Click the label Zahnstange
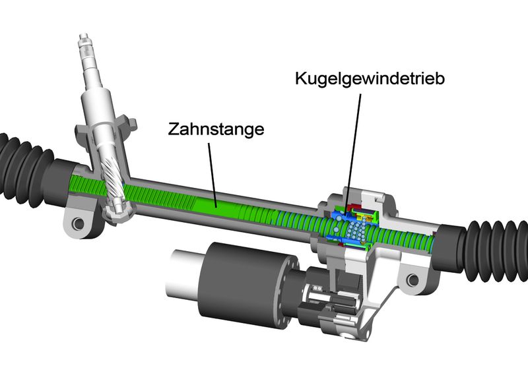point(216,129)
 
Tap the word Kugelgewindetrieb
point(370,78)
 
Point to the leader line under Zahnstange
point(213,175)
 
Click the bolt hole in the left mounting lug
point(79,223)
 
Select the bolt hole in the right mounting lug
point(413,279)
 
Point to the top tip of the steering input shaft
point(84,36)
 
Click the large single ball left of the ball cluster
point(335,229)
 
